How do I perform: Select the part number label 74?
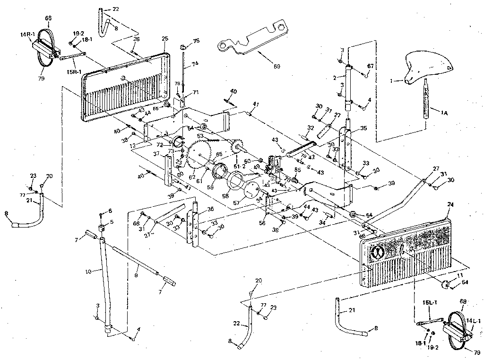[195, 63]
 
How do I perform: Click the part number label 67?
[370, 66]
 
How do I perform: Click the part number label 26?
[136, 39]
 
